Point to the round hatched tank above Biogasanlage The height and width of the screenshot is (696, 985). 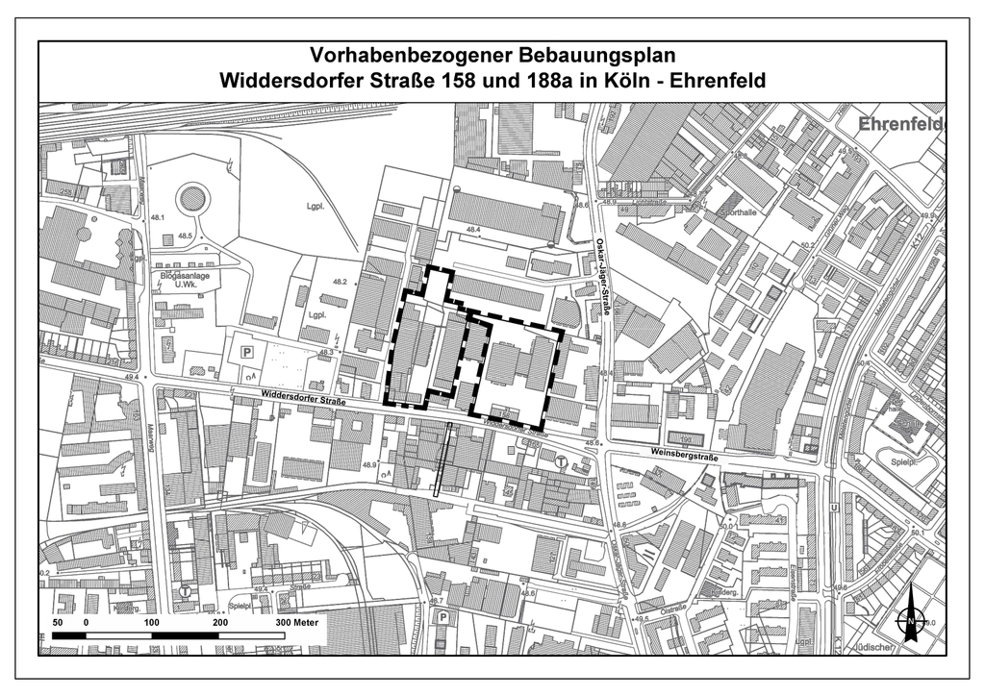[x=192, y=200]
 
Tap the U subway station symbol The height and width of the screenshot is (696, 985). [x=833, y=507]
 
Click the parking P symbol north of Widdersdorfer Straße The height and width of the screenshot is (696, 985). [x=246, y=354]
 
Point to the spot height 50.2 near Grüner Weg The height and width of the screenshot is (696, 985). [x=806, y=246]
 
